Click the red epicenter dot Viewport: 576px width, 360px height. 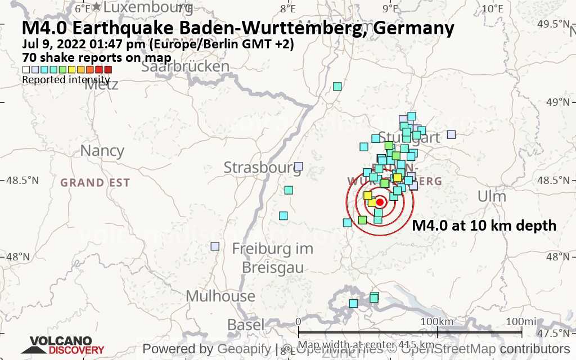point(380,202)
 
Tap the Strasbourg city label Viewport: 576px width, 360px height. point(262,168)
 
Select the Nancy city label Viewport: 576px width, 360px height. point(102,151)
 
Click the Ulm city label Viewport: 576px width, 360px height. point(491,196)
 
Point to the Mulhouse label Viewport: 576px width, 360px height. point(220,296)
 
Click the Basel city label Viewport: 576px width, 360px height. point(246,325)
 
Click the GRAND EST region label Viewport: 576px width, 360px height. point(95,182)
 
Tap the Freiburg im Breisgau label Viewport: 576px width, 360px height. point(273,257)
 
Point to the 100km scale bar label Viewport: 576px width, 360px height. point(437,321)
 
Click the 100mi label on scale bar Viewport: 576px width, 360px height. point(521,321)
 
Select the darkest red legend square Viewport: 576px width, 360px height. point(109,70)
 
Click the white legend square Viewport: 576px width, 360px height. point(26,70)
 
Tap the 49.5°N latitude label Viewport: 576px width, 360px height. point(556,24)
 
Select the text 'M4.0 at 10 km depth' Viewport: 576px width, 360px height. point(484,226)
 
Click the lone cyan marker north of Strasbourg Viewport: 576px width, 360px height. point(337,86)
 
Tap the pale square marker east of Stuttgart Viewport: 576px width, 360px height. point(451,134)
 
